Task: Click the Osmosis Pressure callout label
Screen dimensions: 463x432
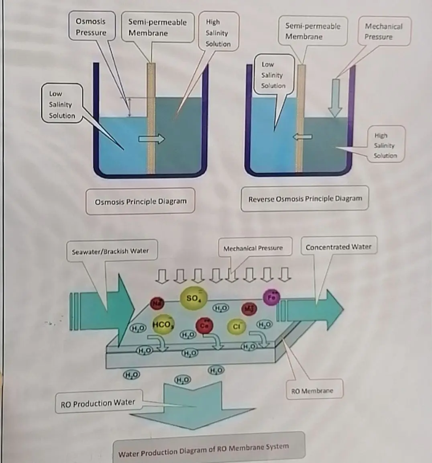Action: (x=91, y=27)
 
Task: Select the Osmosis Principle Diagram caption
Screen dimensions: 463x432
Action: (x=141, y=201)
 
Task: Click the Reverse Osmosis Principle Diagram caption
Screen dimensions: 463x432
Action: (x=305, y=199)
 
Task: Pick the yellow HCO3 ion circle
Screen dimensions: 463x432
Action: (x=163, y=324)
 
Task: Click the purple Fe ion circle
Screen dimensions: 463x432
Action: (x=271, y=298)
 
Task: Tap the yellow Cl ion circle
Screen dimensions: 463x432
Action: (x=236, y=326)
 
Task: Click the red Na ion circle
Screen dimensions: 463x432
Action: (x=156, y=304)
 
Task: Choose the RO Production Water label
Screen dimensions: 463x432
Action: (x=98, y=403)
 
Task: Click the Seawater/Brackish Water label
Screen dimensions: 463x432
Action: (x=110, y=251)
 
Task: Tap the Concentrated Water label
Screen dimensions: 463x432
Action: (x=338, y=247)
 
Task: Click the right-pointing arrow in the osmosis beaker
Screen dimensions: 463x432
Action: (x=151, y=139)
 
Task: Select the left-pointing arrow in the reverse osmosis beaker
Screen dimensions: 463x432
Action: (x=302, y=137)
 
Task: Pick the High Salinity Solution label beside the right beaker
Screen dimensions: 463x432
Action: (x=385, y=145)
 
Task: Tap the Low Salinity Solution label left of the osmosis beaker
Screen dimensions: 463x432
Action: (x=62, y=104)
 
